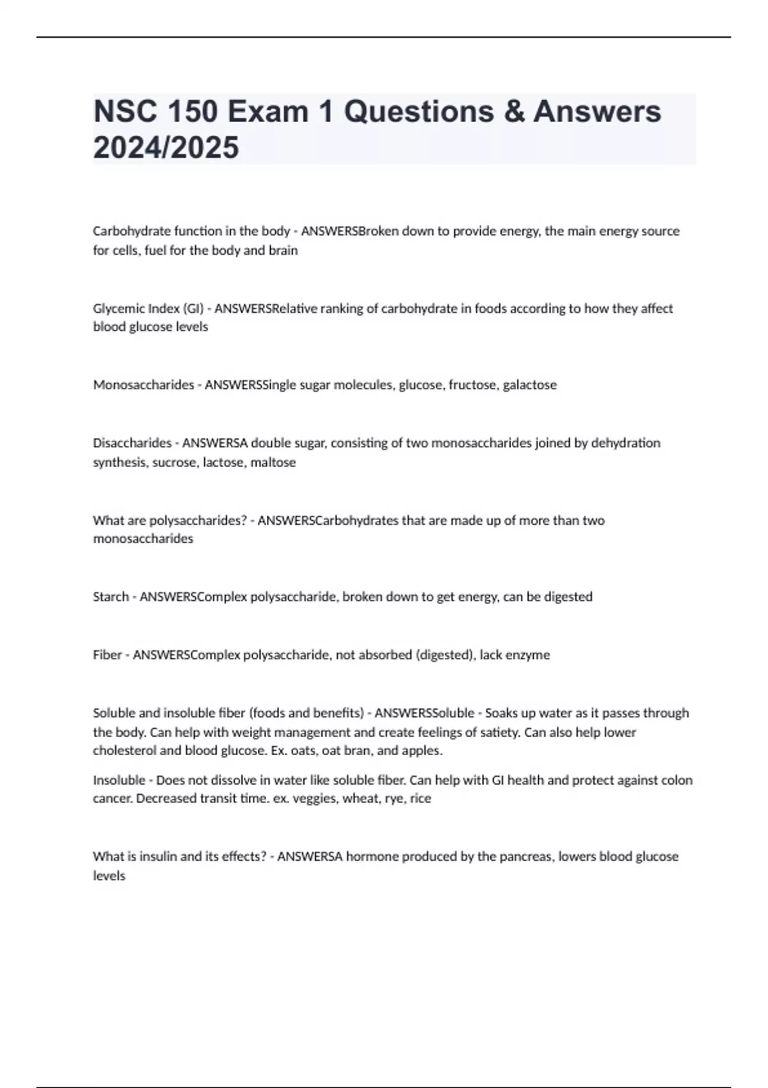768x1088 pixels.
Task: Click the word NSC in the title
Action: tap(125, 111)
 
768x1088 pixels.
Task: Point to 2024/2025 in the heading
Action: tap(166, 147)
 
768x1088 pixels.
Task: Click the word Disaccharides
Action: tap(132, 443)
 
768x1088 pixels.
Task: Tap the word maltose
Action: tap(273, 462)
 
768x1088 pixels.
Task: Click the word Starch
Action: tap(111, 596)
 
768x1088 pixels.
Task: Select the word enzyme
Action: tap(528, 655)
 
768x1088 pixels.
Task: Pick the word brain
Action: tap(283, 250)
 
